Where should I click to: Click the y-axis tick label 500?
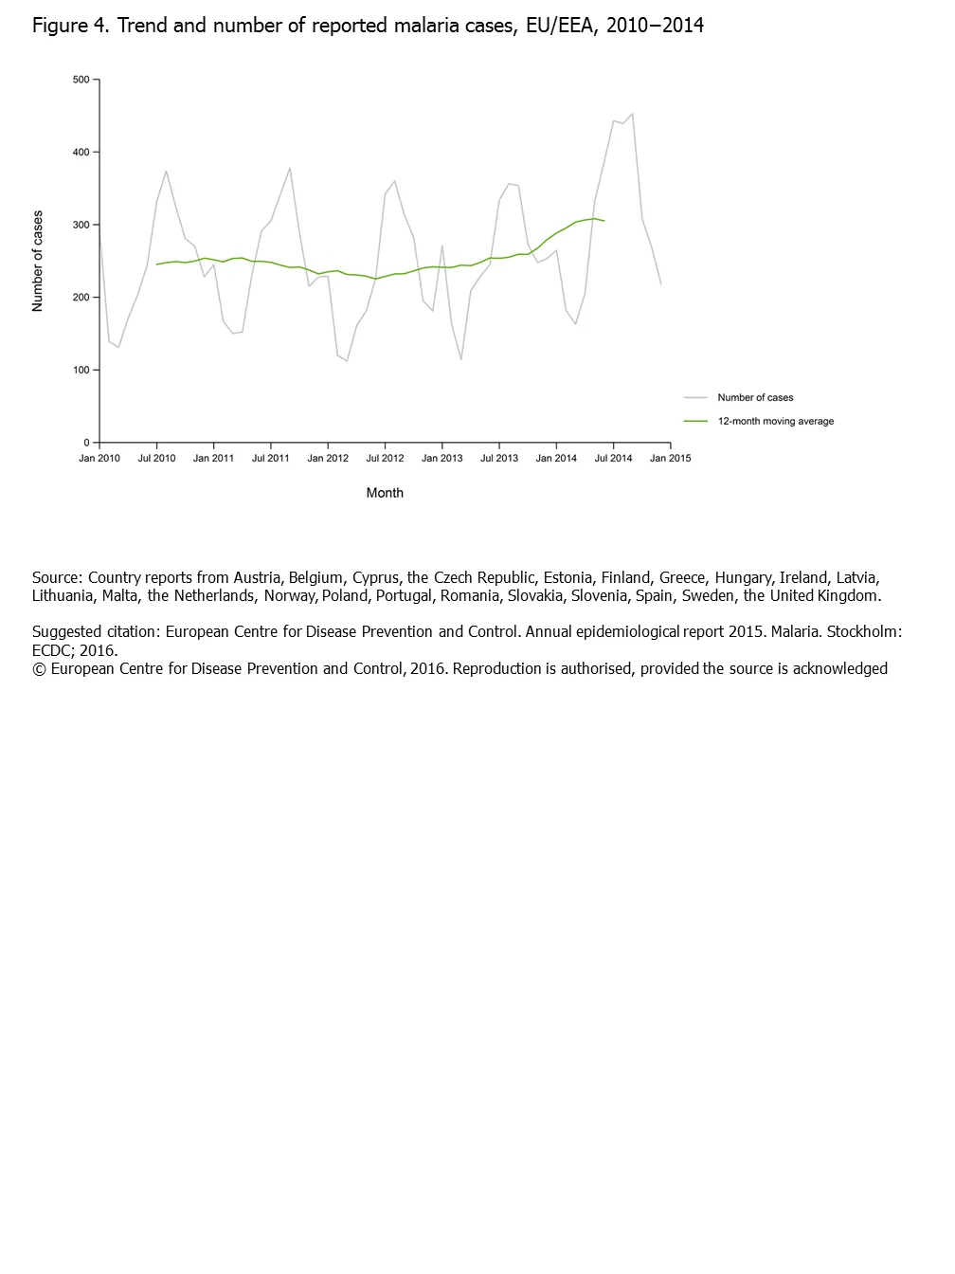(x=81, y=80)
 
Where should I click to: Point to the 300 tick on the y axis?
(x=81, y=225)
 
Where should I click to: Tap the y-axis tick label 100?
(x=81, y=370)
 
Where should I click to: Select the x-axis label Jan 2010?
(x=99, y=458)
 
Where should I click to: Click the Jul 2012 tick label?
(x=385, y=458)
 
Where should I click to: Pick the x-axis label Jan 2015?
(x=670, y=458)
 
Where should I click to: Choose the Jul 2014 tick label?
(x=613, y=458)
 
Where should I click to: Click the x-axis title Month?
(x=385, y=493)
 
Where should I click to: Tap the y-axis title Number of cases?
(x=38, y=261)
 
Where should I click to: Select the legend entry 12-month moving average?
(x=775, y=421)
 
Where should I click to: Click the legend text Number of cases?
(x=755, y=397)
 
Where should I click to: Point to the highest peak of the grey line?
(x=632, y=114)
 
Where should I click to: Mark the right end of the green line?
(x=604, y=221)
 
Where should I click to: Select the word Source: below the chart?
(x=57, y=577)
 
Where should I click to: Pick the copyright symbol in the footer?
(x=39, y=668)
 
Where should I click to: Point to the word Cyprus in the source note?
(x=375, y=577)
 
